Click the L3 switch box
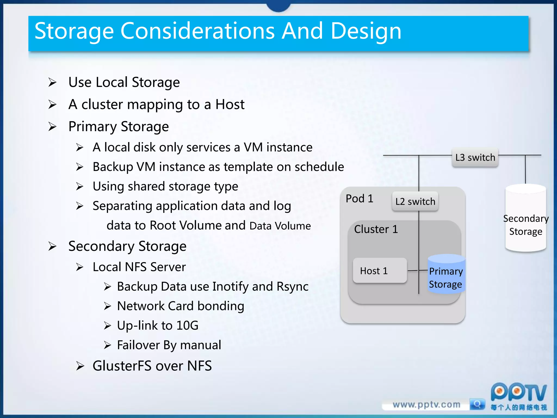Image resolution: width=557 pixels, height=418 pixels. pos(475,158)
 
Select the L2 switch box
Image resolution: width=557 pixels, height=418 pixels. pos(415,201)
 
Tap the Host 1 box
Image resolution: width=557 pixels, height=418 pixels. pos(380,271)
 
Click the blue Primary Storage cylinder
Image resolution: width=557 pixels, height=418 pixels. pos(446,275)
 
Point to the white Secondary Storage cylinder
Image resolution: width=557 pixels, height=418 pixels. pos(525,218)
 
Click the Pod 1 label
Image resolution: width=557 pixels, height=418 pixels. pos(359,199)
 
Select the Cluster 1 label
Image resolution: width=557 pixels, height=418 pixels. pos(376,229)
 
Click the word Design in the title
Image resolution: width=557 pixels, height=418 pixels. pos(366,31)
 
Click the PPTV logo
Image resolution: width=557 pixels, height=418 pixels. pos(518,393)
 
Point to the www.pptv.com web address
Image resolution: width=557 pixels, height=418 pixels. pos(426,405)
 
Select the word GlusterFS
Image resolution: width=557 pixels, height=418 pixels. pos(122,365)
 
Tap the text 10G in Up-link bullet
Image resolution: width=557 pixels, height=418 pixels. pos(187,325)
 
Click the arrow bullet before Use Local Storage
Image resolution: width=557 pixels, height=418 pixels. pos(52,82)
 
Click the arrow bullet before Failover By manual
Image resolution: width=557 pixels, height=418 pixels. pos(107,345)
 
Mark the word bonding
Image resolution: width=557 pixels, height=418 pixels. pos(221,306)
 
